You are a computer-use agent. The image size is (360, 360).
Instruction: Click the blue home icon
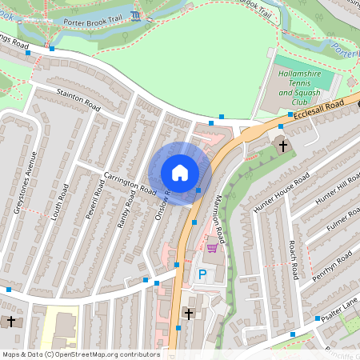pos(180,172)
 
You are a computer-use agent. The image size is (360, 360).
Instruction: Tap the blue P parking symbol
pos(202,274)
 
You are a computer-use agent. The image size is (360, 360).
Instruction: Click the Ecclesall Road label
pos(318,111)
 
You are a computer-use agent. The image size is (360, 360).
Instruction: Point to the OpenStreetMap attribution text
pos(80,354)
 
